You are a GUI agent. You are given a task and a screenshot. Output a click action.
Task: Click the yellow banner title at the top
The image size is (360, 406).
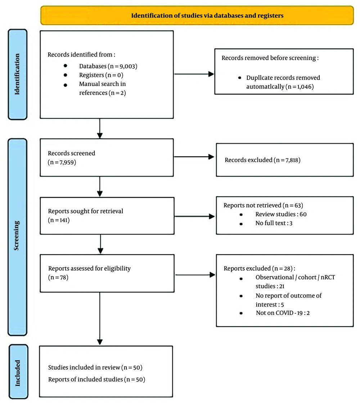(x=207, y=15)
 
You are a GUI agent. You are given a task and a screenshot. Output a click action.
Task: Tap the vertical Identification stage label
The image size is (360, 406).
(x=17, y=74)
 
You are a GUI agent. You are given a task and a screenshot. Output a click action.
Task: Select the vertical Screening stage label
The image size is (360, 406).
(x=16, y=236)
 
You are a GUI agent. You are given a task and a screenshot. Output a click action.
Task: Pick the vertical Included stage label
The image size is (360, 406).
(x=17, y=373)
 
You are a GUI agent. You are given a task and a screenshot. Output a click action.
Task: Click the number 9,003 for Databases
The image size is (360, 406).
(x=127, y=66)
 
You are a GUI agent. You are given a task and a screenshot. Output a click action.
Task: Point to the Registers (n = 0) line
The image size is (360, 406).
(x=101, y=75)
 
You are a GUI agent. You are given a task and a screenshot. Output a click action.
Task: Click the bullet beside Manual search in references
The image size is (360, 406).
(x=65, y=85)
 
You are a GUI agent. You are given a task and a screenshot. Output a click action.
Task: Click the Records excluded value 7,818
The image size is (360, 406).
(x=292, y=160)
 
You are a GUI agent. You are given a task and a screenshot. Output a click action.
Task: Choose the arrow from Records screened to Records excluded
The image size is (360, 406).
(x=194, y=157)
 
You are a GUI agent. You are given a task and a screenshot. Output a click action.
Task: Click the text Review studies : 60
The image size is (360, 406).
(x=281, y=215)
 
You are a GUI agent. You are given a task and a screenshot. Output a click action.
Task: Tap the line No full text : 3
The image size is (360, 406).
(x=274, y=223)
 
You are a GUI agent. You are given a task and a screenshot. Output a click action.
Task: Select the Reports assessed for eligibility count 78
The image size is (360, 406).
(x=63, y=277)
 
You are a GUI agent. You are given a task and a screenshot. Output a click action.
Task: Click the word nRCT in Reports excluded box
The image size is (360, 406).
(x=328, y=277)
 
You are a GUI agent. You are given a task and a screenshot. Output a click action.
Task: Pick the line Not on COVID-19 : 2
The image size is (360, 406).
(x=283, y=313)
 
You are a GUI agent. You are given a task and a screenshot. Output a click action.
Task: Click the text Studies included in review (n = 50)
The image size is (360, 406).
(x=95, y=367)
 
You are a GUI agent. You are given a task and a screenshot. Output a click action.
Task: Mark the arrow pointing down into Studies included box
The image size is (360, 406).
(x=100, y=319)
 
